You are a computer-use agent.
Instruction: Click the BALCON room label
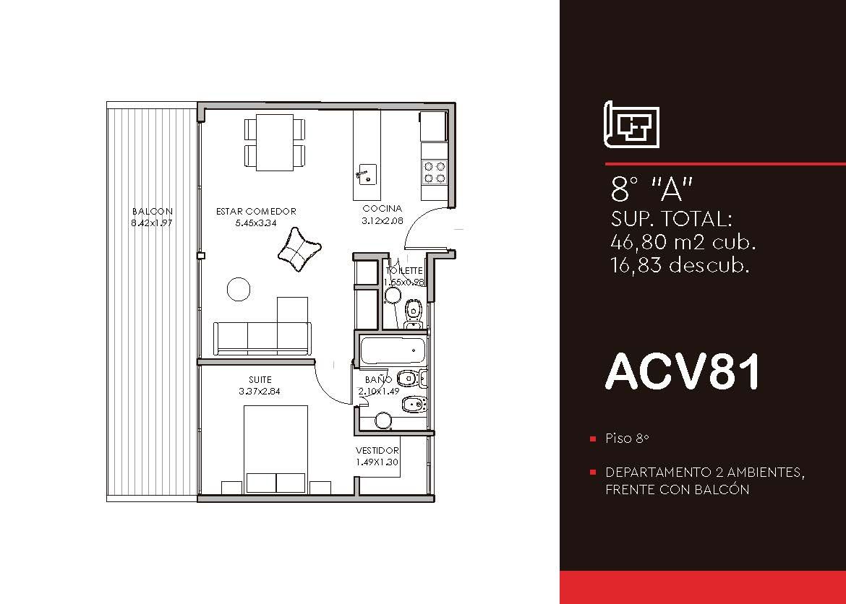pos(152,212)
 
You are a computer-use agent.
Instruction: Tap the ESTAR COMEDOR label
pos(256,212)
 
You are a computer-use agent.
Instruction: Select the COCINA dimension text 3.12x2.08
pos(383,220)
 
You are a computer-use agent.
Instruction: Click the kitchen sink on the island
pos(366,174)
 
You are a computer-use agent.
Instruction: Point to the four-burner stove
pos(435,172)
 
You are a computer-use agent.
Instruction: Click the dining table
pos(275,142)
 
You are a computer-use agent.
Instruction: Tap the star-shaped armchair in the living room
pos(299,249)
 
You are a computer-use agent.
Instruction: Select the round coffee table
pos(239,289)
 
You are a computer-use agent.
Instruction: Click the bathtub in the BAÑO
pos(392,350)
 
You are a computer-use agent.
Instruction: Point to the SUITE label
pos(260,379)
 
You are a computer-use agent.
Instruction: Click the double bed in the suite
pos(275,449)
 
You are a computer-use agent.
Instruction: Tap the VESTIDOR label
pos(377,450)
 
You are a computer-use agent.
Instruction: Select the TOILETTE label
pos(404,271)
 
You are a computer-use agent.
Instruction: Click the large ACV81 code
pos(683,371)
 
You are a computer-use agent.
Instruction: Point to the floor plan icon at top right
pos(631,124)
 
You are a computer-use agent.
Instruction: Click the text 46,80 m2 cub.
pos(683,242)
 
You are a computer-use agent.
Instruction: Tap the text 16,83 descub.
pos(680,264)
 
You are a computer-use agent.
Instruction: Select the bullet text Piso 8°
pos(627,438)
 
